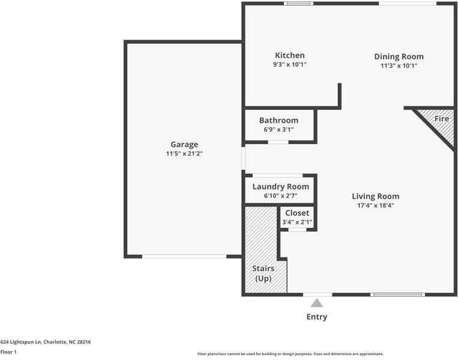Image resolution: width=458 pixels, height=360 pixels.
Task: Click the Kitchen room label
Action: click(x=289, y=55)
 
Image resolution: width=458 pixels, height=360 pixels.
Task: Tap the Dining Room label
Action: click(x=399, y=56)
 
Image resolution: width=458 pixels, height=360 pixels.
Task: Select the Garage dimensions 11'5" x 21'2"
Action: click(x=184, y=154)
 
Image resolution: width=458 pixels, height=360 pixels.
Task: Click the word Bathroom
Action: click(x=279, y=120)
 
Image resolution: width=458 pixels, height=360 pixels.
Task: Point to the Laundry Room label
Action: click(x=280, y=187)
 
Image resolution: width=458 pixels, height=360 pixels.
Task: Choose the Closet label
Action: click(x=297, y=213)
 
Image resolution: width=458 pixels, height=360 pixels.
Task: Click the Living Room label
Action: click(x=375, y=196)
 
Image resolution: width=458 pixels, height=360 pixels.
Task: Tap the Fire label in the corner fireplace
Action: click(x=442, y=119)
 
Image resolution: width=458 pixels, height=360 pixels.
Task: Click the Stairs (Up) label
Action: click(x=263, y=274)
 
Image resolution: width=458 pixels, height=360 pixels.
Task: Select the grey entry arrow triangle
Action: click(x=317, y=303)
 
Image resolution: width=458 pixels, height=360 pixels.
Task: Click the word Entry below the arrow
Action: click(x=317, y=317)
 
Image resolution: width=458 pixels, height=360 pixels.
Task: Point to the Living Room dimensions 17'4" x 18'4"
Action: click(x=375, y=205)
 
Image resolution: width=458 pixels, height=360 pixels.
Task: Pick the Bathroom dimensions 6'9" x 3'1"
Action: click(x=279, y=129)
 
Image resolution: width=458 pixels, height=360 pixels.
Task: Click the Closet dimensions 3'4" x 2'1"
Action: click(x=297, y=222)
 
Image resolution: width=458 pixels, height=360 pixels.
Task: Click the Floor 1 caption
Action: click(x=8, y=352)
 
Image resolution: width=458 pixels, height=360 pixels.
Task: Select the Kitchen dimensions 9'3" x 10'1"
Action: click(x=289, y=64)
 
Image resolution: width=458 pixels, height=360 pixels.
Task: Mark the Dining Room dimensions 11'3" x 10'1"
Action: click(x=399, y=65)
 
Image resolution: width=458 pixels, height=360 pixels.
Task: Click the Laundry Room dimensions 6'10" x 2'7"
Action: click(x=280, y=196)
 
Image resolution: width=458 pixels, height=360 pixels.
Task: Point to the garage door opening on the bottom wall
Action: click(x=184, y=256)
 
